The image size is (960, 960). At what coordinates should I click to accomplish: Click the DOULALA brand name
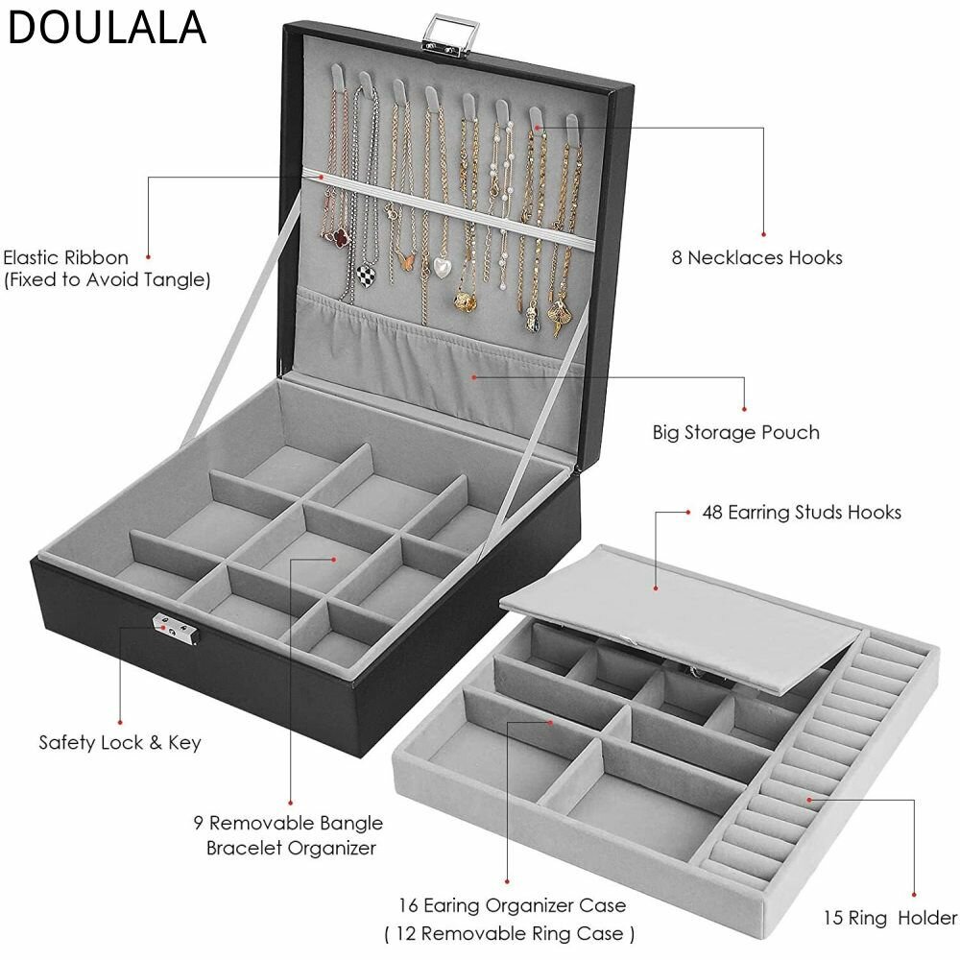pos(107,28)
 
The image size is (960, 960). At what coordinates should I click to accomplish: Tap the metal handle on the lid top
pos(452,36)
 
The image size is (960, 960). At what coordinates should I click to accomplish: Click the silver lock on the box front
pos(177,628)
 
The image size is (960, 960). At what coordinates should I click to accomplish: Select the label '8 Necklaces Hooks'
pos(756,257)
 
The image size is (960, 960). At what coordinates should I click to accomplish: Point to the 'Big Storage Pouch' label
pos(736,432)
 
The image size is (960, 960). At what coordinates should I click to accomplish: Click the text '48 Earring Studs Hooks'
pos(802,512)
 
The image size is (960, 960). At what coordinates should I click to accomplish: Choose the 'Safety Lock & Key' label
pos(120,742)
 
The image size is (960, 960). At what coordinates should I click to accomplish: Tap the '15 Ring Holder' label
pos(890,918)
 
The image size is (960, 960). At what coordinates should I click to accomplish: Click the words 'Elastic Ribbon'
pos(66,257)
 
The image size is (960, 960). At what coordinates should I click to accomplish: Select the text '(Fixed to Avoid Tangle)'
pos(108,279)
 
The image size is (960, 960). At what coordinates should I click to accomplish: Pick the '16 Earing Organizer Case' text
pos(513,905)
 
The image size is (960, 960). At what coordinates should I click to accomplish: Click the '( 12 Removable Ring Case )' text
pos(510,934)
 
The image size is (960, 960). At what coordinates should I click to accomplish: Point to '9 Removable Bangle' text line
pos(288,823)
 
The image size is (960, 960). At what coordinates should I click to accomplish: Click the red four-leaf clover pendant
pos(336,236)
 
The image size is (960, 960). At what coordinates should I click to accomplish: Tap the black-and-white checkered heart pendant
pos(367,272)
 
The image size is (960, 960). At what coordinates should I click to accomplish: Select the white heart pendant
pos(442,265)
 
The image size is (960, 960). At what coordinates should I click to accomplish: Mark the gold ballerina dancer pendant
pos(560,316)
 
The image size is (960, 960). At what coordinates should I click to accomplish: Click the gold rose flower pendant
pos(466,300)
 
